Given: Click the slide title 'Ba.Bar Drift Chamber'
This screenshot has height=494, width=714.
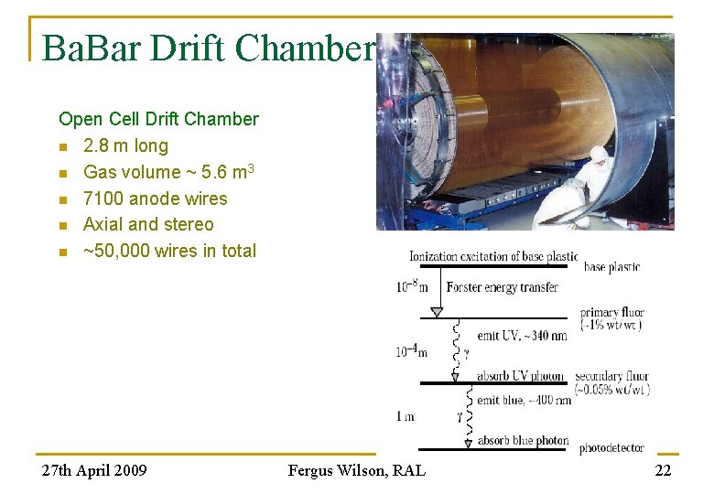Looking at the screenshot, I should coord(209,48).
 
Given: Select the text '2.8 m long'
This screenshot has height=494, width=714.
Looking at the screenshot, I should coord(125,145).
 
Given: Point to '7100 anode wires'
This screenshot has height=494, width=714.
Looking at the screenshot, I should coord(155,199).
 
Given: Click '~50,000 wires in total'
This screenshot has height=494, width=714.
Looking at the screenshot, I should coord(169,251).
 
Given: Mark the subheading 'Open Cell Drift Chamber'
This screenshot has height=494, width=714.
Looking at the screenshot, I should coord(158,119).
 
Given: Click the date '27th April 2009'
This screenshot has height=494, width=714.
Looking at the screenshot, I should coord(94,470).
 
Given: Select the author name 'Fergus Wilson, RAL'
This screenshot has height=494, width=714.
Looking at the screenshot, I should coord(356,470).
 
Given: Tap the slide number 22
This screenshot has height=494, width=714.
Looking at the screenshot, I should coord(662,470).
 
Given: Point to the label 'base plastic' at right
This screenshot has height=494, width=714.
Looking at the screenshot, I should coord(611,267).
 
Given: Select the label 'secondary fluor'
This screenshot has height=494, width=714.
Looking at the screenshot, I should coord(611,376).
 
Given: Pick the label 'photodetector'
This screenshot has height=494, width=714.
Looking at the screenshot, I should coord(611,448).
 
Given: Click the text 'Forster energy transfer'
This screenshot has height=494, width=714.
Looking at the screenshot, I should coord(502,287).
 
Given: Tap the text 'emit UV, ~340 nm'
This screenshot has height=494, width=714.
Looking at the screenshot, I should coord(522,336).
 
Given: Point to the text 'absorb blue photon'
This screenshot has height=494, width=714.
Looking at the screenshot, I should coord(523,441).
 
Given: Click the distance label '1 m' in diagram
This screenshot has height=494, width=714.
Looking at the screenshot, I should coord(405,416).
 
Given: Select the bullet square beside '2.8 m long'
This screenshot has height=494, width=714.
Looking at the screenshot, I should coord(62,146).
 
